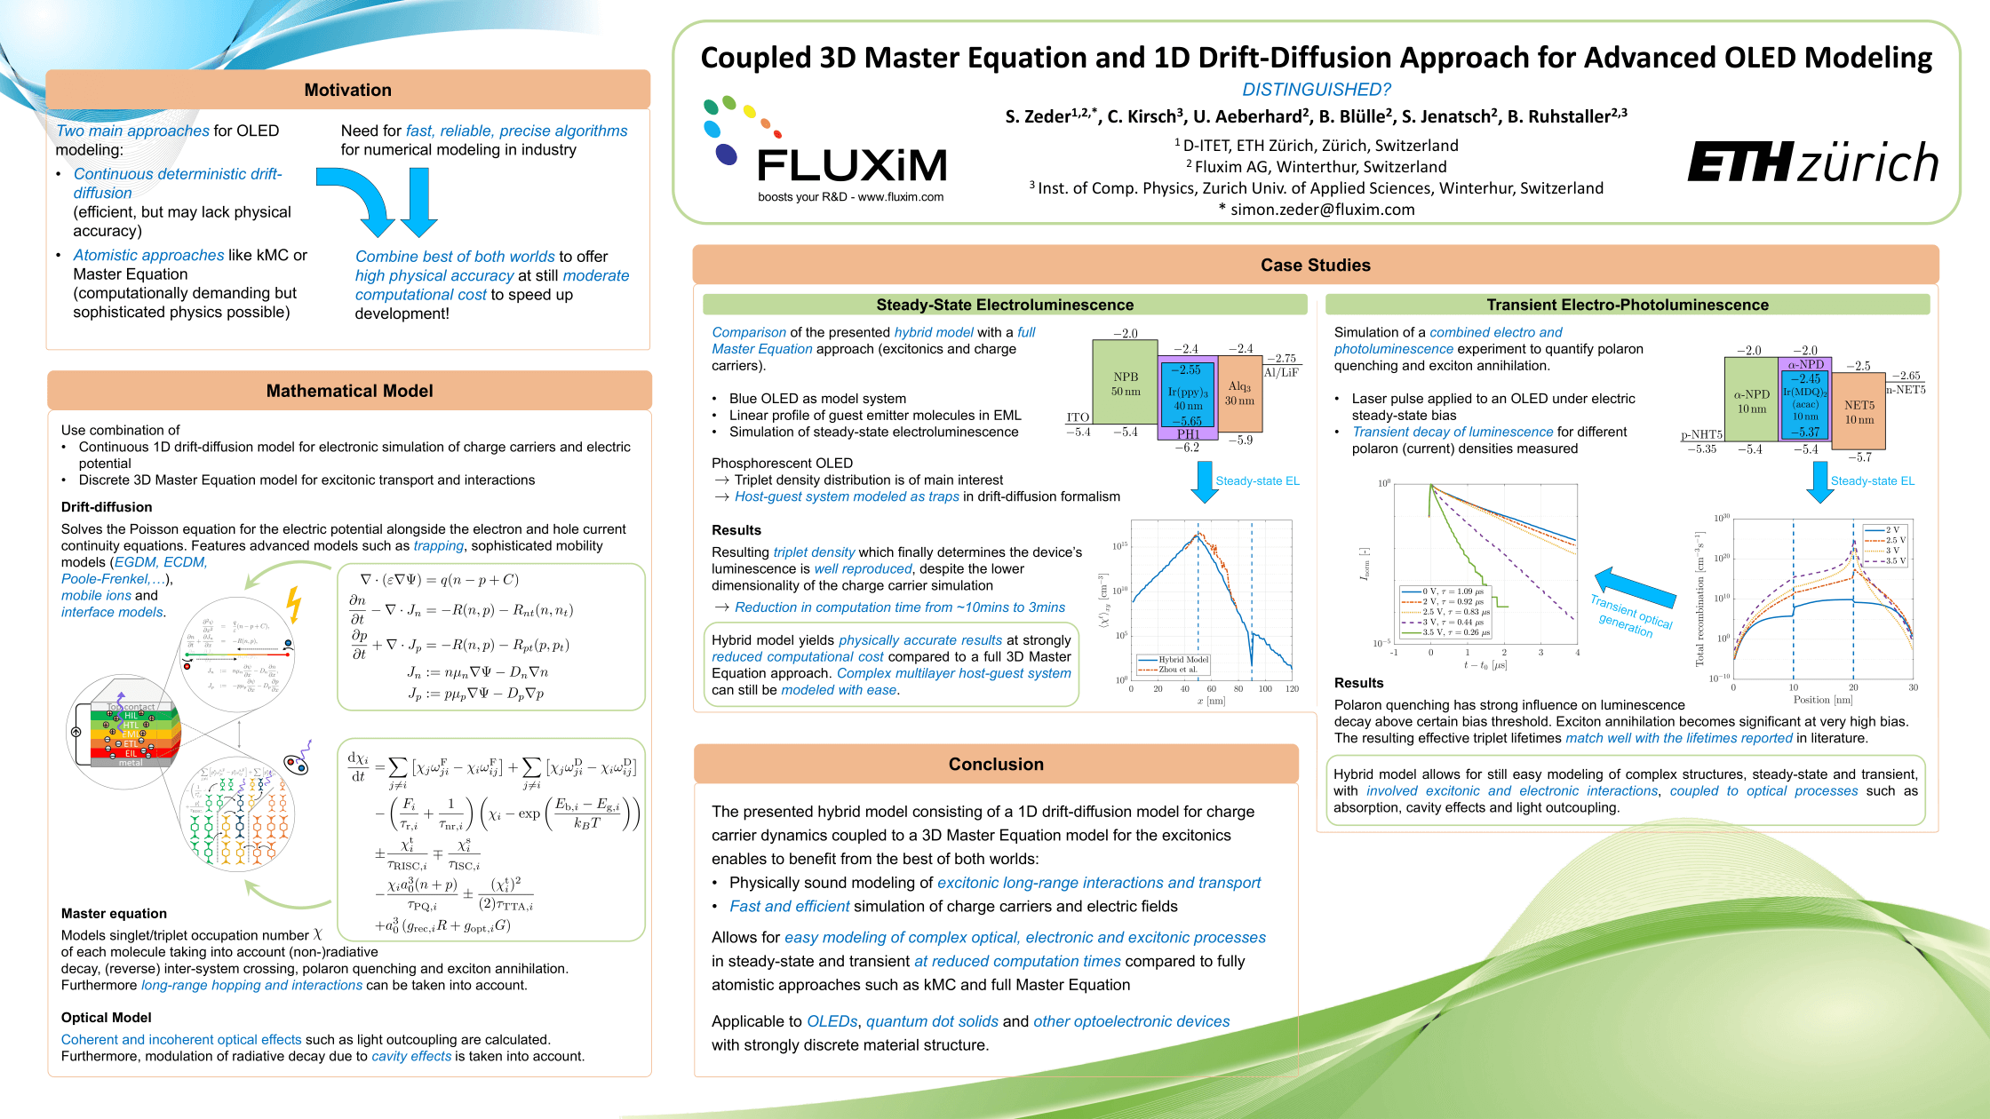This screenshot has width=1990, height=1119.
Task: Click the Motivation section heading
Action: point(347,90)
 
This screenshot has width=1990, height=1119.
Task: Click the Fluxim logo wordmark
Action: point(851,165)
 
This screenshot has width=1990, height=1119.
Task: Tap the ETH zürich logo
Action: point(1812,163)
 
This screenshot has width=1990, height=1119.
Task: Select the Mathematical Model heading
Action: point(349,391)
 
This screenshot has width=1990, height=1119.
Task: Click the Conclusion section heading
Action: point(996,764)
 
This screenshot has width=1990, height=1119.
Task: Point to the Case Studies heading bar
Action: point(1315,265)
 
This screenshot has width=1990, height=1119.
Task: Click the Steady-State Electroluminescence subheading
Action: point(1005,305)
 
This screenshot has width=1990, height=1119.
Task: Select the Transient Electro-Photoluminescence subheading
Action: point(1627,305)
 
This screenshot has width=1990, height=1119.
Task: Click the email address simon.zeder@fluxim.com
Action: point(1322,210)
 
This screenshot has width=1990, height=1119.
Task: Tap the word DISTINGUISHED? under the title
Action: point(1316,90)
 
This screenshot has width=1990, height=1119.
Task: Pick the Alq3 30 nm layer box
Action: point(1239,393)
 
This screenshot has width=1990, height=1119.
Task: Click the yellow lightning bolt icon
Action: point(294,604)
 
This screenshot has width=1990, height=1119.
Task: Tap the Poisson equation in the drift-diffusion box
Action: point(439,580)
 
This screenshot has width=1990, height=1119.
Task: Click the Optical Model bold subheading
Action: point(106,1018)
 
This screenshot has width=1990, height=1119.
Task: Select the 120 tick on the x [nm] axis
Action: point(1292,688)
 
